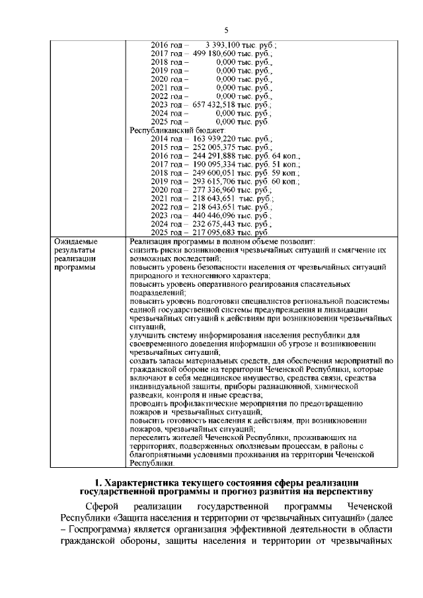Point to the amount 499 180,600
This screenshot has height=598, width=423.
click(x=216, y=53)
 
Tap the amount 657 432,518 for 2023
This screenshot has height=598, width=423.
click(x=216, y=104)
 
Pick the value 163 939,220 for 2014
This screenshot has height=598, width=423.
click(x=216, y=139)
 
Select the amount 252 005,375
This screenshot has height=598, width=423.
click(x=216, y=148)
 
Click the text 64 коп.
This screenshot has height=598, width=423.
click(x=286, y=157)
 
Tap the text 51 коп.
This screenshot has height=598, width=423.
click(x=286, y=165)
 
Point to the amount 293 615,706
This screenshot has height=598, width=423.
click(x=216, y=182)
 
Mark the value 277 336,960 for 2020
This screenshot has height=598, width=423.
click(x=216, y=190)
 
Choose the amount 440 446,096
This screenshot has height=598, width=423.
click(x=216, y=216)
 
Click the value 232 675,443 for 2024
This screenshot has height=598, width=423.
click(x=216, y=225)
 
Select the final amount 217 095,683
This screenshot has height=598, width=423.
click(x=216, y=233)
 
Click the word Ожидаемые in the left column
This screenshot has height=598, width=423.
click(x=75, y=243)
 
